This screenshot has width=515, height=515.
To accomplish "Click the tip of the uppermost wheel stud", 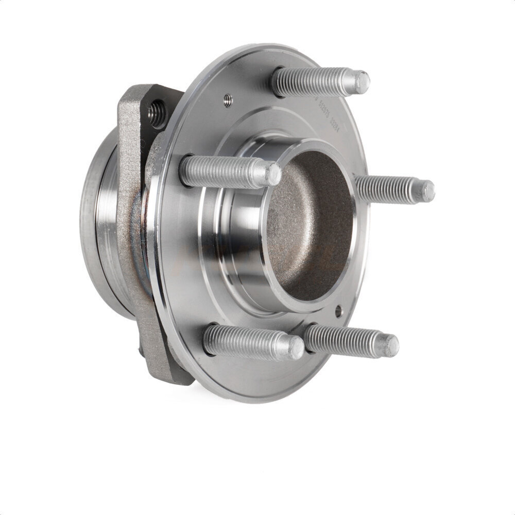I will [x=362, y=82].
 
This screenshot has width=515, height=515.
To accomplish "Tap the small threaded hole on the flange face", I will [x=228, y=100].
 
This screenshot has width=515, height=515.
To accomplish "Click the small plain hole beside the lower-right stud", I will [x=338, y=311].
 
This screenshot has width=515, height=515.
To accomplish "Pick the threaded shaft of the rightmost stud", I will [x=386, y=189].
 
